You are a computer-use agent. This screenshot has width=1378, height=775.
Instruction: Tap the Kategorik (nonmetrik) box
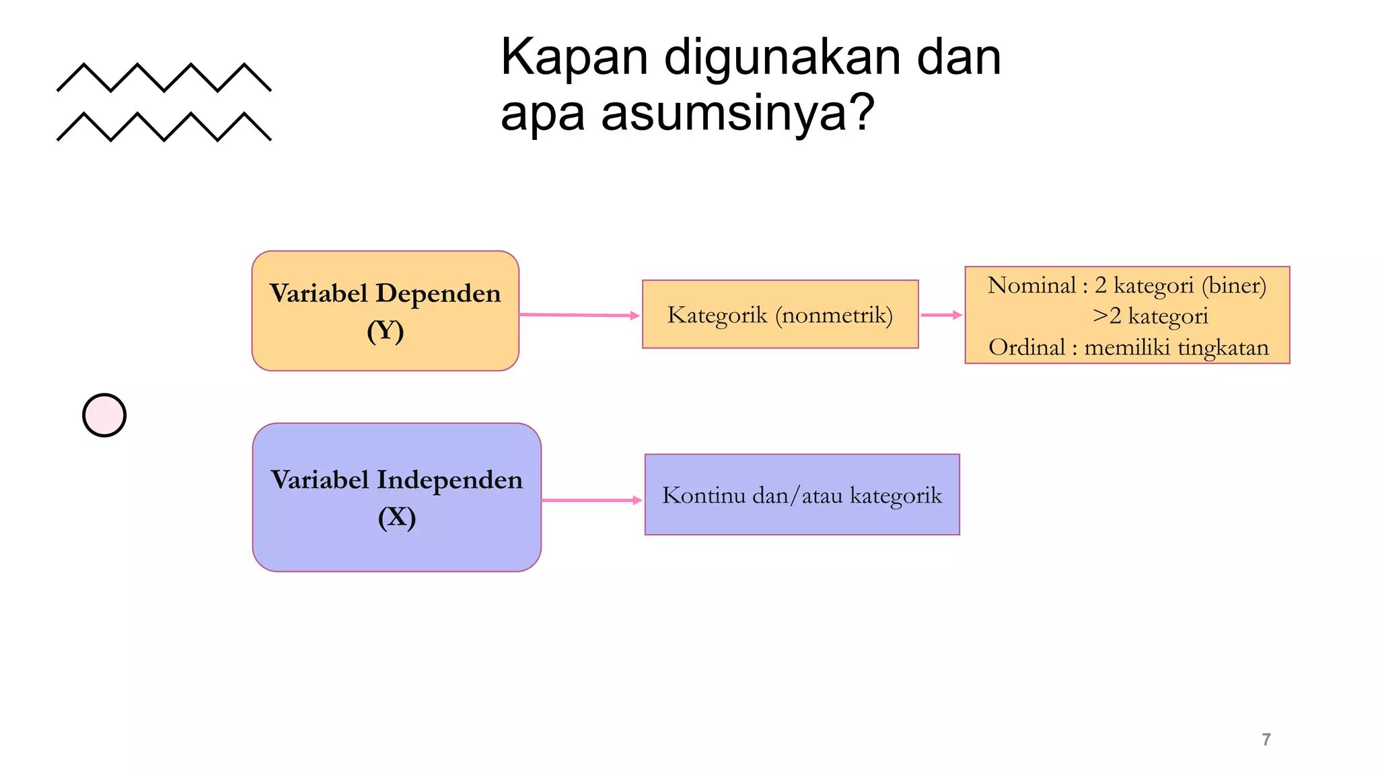click(x=780, y=314)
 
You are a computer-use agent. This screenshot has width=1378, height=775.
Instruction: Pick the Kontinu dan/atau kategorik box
click(x=801, y=495)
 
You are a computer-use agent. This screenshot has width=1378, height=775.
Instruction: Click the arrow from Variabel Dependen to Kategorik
click(x=579, y=315)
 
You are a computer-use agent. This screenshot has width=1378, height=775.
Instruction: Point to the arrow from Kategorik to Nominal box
click(x=941, y=315)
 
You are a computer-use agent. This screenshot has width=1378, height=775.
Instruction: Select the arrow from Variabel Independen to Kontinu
click(x=591, y=501)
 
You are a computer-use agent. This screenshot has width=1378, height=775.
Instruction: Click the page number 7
click(x=1266, y=740)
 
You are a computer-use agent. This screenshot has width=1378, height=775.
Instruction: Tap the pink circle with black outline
click(x=104, y=415)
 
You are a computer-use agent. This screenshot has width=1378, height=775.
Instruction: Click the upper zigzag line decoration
click(x=164, y=77)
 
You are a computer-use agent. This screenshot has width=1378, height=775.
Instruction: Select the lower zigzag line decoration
click(x=164, y=126)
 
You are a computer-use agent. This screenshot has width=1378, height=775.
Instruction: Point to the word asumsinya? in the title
click(x=737, y=113)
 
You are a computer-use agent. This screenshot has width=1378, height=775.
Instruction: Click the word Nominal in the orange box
click(x=1031, y=285)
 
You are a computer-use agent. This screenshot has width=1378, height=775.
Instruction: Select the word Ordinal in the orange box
click(x=1027, y=347)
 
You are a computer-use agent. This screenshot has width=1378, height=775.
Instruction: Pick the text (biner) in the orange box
click(x=1234, y=285)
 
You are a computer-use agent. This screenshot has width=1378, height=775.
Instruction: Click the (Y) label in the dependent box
click(x=385, y=331)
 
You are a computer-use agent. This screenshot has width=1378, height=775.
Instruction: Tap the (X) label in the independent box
click(x=396, y=517)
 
